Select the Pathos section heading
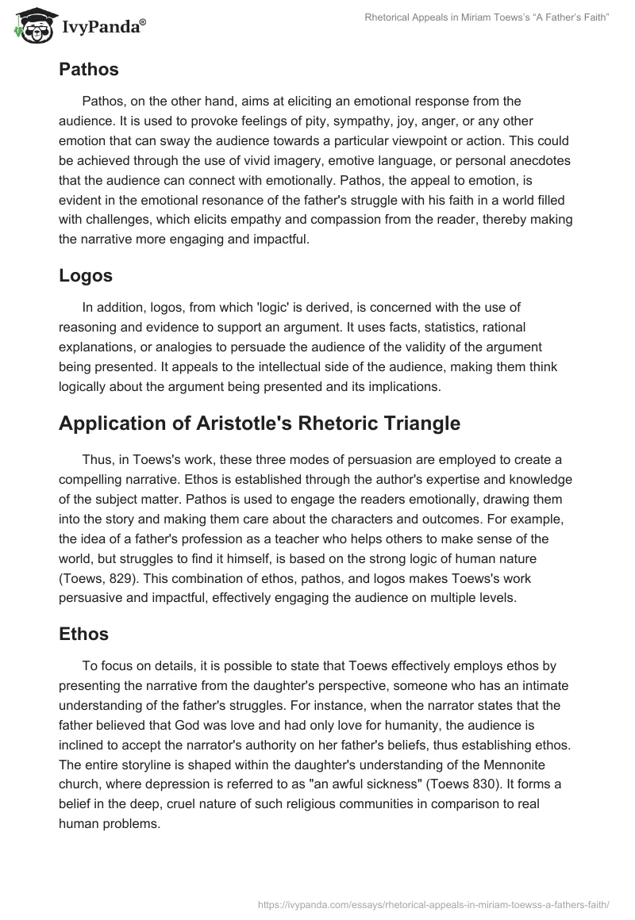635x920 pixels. (88, 69)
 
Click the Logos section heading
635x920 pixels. (85, 275)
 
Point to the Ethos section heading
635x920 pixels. (83, 634)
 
